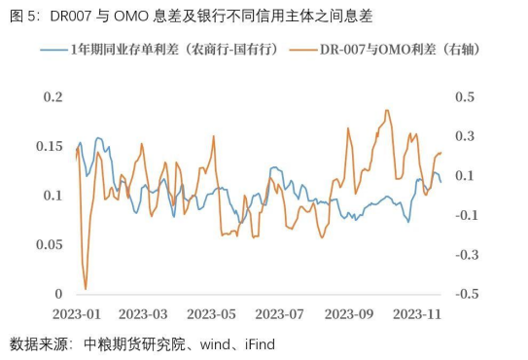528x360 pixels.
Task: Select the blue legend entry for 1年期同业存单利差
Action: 160,47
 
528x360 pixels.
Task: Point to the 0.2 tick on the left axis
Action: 53,97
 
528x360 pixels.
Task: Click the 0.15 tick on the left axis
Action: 48,146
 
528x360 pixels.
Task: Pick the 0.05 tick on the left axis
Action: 48,244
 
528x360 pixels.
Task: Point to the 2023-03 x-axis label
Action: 143,314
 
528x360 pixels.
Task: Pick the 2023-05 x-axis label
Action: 212,314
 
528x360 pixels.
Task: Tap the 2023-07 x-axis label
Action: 280,314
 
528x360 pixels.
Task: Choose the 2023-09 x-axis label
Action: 349,314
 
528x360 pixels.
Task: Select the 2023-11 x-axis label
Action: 417,314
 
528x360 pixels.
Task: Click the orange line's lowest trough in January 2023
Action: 86,289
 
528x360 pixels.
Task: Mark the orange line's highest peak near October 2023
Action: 387,110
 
